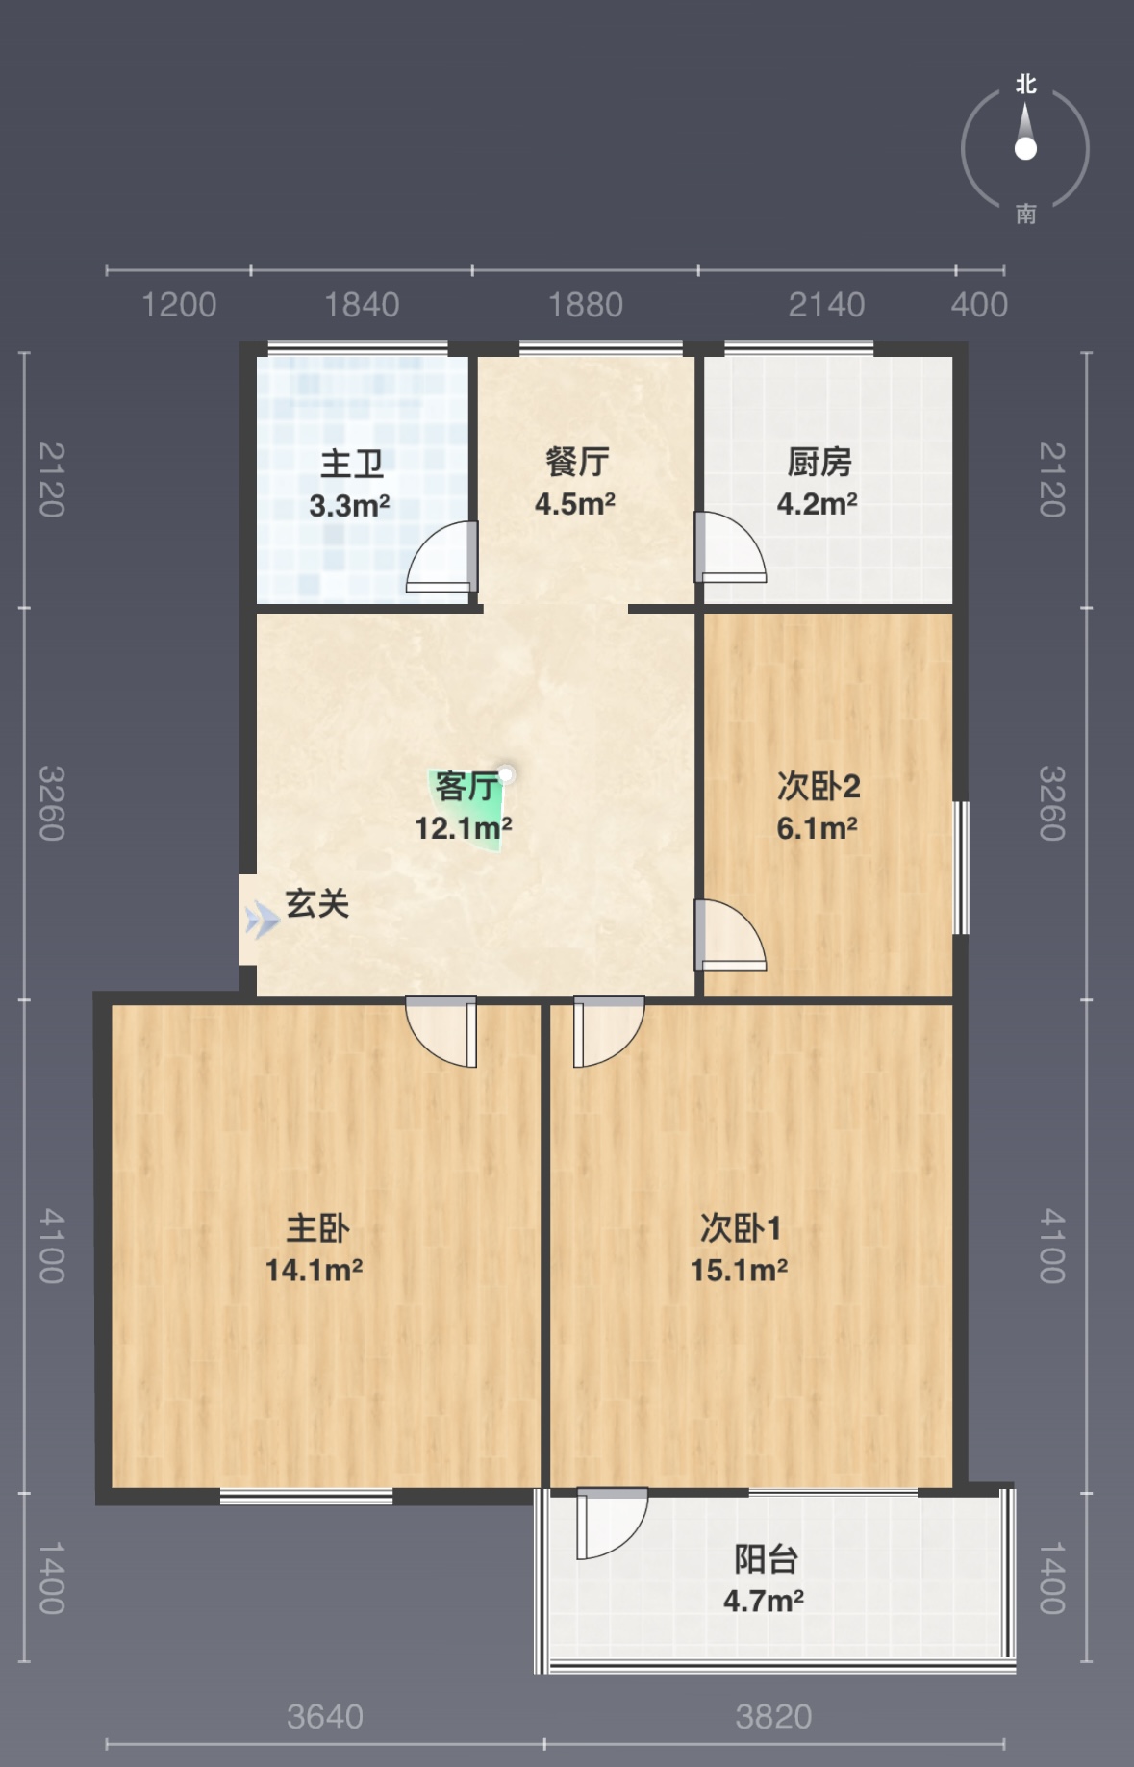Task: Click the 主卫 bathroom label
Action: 352,464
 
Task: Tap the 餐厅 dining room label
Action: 577,462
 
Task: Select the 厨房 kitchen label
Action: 819,462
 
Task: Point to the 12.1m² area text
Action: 463,828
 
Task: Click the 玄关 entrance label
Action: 317,903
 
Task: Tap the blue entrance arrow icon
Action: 262,921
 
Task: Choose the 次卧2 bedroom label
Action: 819,786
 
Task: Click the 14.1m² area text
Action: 315,1271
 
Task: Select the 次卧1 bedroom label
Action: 741,1227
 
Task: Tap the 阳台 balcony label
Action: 767,1559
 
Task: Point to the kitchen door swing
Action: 731,547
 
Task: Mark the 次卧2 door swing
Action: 731,934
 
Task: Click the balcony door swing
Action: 612,1524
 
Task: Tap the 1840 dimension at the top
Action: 362,305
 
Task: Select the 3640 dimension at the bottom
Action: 325,1717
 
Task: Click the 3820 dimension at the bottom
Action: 774,1717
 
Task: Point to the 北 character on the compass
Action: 1026,85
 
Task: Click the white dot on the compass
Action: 1025,148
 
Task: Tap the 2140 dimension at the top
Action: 827,305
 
